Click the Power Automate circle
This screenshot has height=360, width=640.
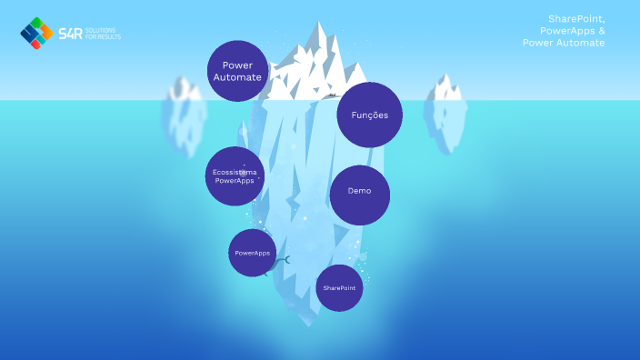point(238,71)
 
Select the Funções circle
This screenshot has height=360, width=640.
point(369,115)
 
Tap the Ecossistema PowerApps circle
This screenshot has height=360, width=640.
point(235,175)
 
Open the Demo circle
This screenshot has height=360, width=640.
point(359,195)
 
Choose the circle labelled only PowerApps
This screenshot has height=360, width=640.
point(252,252)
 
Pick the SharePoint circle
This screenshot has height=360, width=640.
point(339,287)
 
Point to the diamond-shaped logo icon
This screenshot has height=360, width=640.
point(36,33)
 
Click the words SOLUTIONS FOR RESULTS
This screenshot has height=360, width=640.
point(104,34)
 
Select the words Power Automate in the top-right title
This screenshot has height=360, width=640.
point(564,43)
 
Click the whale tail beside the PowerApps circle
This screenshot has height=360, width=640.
point(285,260)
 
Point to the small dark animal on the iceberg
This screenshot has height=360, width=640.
point(333,95)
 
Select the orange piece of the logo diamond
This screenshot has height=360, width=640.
point(36,43)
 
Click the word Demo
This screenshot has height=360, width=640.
point(359,192)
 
